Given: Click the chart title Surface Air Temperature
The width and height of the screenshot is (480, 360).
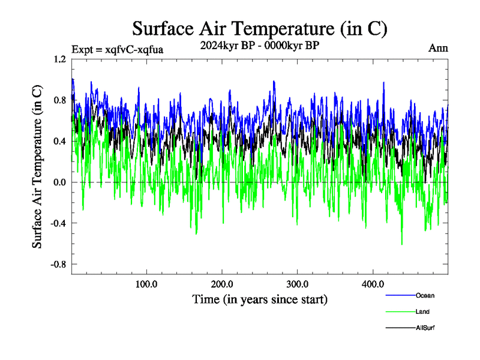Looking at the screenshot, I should pyautogui.click(x=259, y=29).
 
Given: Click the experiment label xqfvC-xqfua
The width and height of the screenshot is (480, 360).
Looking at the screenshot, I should pyautogui.click(x=117, y=49).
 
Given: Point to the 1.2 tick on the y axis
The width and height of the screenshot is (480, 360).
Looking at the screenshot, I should pyautogui.click(x=59, y=59).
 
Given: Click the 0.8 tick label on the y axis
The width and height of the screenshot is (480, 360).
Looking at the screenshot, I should pyautogui.click(x=59, y=100).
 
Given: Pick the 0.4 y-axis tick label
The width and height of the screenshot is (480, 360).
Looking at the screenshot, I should pyautogui.click(x=59, y=142).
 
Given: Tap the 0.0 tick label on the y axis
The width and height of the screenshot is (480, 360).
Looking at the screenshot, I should pyautogui.click(x=59, y=182).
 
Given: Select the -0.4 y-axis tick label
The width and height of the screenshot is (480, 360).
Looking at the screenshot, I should pyautogui.click(x=58, y=223).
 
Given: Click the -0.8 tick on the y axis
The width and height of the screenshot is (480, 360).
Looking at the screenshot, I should pyautogui.click(x=58, y=264).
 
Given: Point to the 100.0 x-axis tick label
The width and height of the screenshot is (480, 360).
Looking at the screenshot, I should pyautogui.click(x=146, y=283).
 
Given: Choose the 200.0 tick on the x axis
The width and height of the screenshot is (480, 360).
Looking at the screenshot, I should pyautogui.click(x=222, y=283).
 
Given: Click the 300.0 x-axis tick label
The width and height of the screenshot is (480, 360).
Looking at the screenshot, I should pyautogui.click(x=298, y=283).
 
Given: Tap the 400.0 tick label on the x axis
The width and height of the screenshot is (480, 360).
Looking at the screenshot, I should pyautogui.click(x=373, y=283).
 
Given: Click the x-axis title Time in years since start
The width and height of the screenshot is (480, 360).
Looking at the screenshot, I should pyautogui.click(x=260, y=299).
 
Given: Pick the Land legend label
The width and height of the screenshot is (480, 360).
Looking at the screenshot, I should pyautogui.click(x=422, y=311).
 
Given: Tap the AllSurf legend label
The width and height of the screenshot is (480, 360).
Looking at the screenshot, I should pyautogui.click(x=425, y=328).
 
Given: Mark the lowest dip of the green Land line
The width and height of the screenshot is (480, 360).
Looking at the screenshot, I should pyautogui.click(x=401, y=244).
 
